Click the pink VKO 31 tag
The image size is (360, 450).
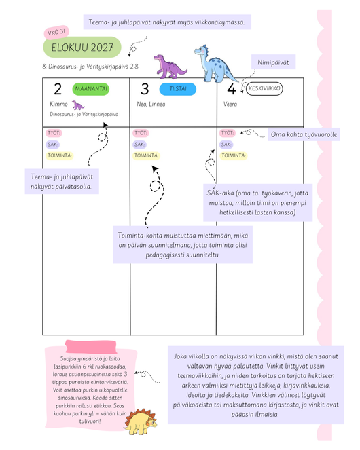[56, 32]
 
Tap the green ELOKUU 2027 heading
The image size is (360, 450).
[82, 48]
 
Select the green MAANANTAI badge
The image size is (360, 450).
[91, 89]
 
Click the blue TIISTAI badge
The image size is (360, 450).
[178, 89]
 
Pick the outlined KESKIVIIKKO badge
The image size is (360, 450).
[264, 88]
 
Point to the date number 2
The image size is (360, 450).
[58, 89]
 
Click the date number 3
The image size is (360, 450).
[145, 89]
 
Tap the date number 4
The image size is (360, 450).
[232, 89]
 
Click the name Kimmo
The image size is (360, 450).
[58, 104]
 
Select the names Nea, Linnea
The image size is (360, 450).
[151, 104]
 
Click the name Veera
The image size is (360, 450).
[230, 104]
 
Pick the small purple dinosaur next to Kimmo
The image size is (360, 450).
[77, 105]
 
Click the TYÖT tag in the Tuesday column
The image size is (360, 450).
[141, 133]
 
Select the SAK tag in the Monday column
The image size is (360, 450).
[52, 145]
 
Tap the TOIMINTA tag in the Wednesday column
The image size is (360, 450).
[234, 155]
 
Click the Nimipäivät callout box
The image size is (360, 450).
[273, 62]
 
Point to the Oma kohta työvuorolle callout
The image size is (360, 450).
[304, 134]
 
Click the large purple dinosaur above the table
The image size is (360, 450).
[170, 67]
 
